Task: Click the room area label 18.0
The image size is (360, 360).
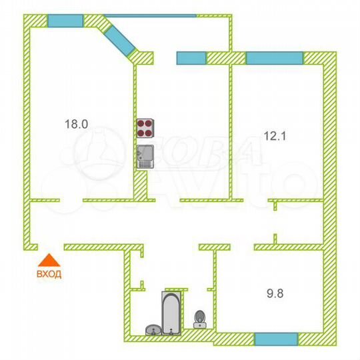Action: click(x=76, y=123)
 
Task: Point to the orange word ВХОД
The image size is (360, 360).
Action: click(x=50, y=274)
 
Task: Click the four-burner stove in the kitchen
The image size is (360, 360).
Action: click(x=145, y=128)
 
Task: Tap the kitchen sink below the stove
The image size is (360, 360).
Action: click(x=145, y=157)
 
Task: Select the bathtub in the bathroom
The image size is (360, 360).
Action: click(x=171, y=312)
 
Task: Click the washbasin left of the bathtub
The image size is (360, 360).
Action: click(x=153, y=329)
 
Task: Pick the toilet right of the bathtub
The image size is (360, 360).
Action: click(x=199, y=319)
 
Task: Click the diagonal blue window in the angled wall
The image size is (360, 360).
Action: click(x=121, y=38)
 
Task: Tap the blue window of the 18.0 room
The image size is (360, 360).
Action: click(x=65, y=20)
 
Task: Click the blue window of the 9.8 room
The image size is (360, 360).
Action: click(x=275, y=339)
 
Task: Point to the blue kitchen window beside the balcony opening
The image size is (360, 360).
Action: click(x=191, y=58)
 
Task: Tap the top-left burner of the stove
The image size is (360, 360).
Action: click(x=141, y=124)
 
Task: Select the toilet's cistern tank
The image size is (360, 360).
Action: click(x=199, y=325)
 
